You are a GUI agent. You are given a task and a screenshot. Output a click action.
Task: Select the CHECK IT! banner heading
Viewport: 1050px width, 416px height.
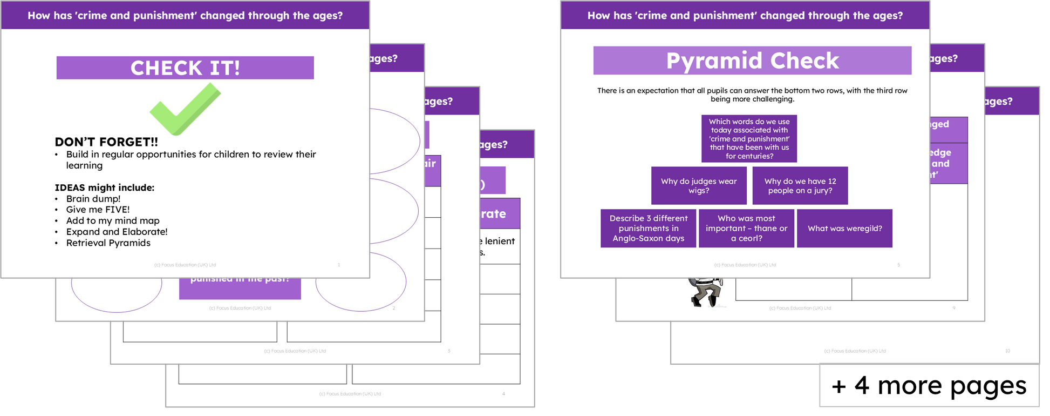(185, 68)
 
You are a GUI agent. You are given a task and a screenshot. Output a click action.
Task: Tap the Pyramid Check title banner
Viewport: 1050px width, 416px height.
(752, 61)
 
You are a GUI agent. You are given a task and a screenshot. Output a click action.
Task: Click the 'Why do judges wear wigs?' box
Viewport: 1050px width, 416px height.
(699, 186)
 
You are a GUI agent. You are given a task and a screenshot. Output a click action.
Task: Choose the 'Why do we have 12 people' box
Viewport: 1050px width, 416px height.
(800, 186)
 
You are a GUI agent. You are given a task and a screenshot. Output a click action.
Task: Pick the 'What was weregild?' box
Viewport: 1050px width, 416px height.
(844, 229)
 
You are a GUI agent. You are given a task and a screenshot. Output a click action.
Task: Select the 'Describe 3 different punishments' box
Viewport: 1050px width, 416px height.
(649, 229)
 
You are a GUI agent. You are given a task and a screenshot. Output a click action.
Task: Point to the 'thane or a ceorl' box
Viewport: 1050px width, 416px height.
(746, 229)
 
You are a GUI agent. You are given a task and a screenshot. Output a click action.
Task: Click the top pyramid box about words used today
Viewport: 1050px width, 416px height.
(749, 139)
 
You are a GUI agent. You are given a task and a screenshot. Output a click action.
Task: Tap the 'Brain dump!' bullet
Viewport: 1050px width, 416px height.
(93, 199)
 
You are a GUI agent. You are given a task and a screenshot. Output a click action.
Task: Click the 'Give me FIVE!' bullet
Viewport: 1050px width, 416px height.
(98, 210)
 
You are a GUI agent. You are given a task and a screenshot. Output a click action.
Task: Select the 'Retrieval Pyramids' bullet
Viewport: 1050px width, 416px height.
(108, 243)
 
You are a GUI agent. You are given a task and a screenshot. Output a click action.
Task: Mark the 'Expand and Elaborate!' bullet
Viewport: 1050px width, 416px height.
(117, 232)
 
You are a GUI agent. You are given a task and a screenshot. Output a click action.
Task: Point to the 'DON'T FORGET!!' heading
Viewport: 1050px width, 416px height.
(106, 142)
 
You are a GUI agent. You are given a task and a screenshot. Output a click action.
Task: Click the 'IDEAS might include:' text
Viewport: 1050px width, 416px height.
(104, 187)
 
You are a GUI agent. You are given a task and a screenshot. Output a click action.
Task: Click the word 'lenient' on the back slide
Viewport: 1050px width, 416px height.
(500, 241)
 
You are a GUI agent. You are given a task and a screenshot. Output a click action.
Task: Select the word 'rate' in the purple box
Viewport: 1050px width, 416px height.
(494, 214)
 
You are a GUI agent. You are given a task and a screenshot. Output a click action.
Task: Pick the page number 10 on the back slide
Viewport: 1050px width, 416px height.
(1007, 351)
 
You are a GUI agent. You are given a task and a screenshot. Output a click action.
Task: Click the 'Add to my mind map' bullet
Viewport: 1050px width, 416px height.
(113, 221)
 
